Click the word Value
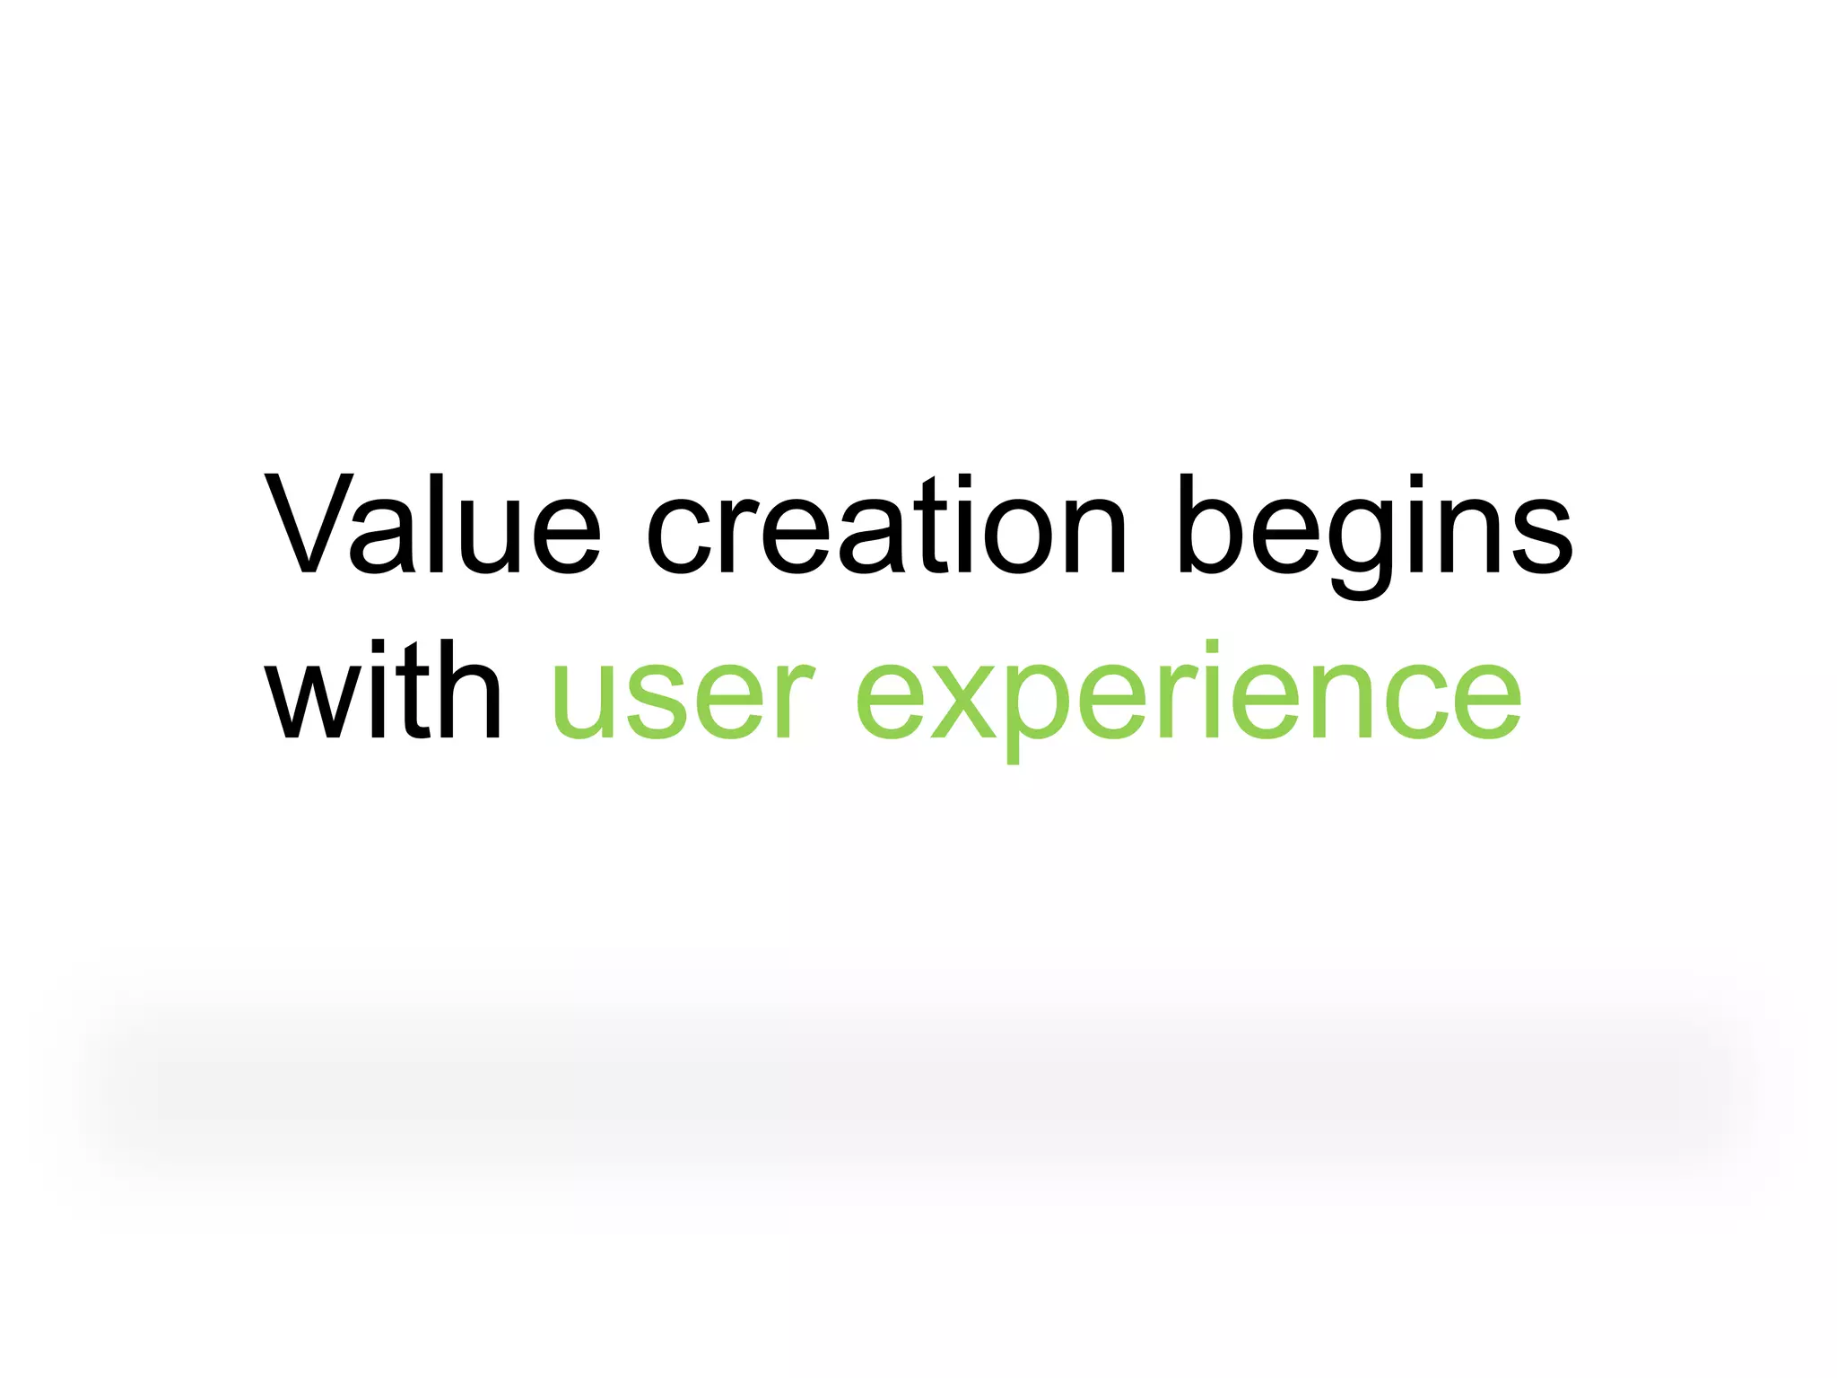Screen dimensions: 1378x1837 (x=431, y=524)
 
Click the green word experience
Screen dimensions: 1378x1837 (x=1188, y=700)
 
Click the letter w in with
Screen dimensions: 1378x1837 (x=309, y=696)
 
